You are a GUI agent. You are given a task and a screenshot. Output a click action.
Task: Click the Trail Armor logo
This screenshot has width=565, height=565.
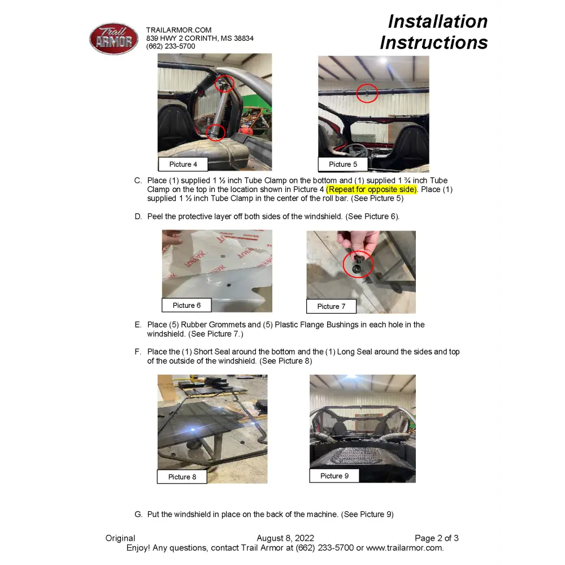(114, 39)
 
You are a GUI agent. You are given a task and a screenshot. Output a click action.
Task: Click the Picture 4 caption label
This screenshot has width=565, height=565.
(183, 164)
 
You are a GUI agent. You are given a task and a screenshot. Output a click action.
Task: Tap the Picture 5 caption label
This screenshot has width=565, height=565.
(343, 164)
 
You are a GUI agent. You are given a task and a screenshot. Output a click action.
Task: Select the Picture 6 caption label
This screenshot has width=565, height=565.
(186, 305)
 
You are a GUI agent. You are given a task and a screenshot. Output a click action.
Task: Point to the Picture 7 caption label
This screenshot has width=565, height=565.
(331, 306)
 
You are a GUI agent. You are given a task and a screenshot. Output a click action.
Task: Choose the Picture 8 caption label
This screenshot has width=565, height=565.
(182, 477)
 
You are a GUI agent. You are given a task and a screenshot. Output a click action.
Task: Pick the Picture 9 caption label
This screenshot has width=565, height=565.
(334, 476)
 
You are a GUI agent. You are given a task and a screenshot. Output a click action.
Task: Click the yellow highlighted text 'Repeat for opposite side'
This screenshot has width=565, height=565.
(372, 189)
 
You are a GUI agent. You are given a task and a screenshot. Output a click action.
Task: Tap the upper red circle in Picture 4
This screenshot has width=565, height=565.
(224, 84)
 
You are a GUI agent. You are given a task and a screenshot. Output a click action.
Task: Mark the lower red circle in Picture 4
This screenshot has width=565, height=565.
(215, 133)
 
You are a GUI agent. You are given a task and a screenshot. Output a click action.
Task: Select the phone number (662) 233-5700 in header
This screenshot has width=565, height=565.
(171, 46)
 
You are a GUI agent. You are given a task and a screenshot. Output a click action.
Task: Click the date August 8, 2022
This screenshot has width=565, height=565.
(285, 538)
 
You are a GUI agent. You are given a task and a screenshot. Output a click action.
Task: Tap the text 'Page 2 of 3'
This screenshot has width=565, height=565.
(436, 538)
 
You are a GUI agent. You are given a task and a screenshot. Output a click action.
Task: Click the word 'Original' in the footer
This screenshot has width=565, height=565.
(120, 538)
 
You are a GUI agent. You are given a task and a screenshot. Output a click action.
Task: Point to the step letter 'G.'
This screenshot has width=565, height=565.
(138, 514)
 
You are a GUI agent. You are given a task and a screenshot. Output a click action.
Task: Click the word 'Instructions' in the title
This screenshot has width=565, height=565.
(433, 42)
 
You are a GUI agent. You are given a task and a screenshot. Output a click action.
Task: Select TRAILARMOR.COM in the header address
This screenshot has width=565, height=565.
(179, 30)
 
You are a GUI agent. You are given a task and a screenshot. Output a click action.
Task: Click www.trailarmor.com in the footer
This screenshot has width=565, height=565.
(405, 547)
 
